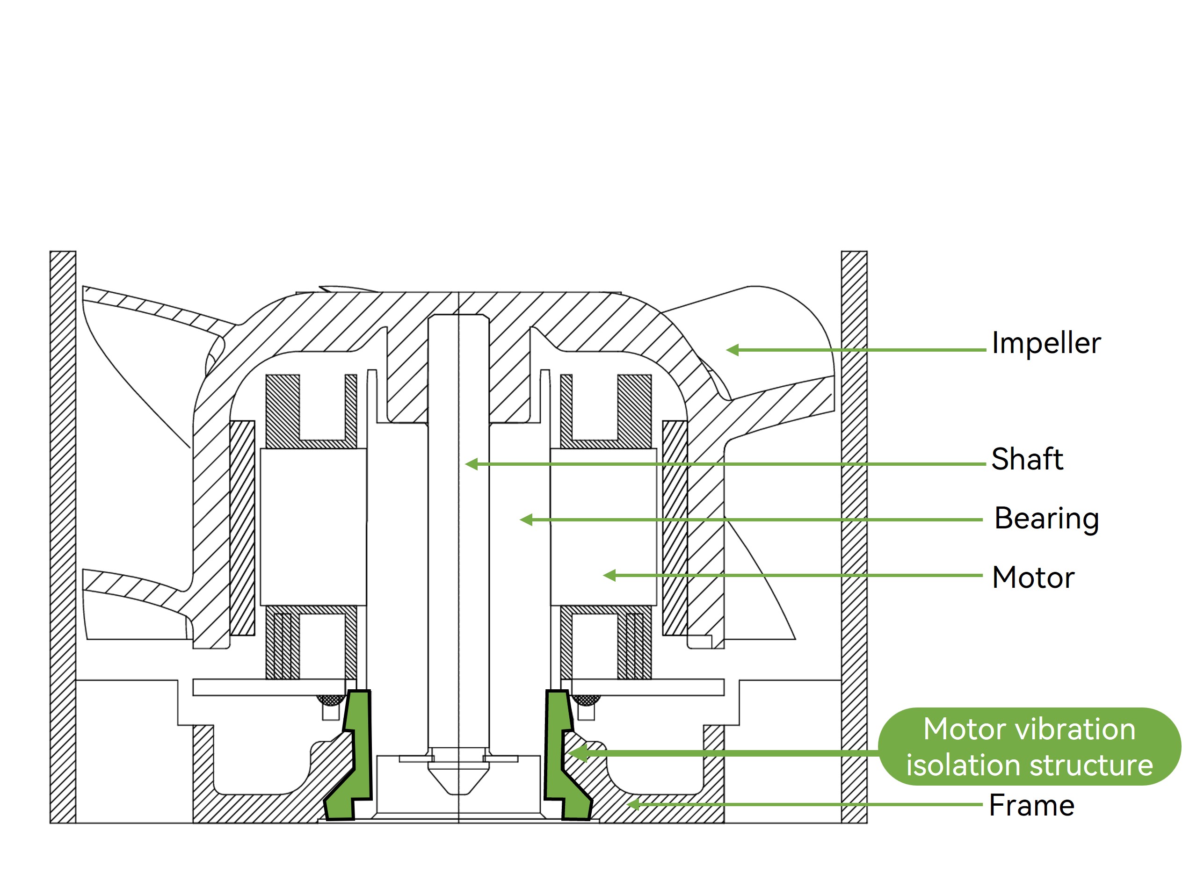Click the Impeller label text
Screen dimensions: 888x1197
click(1046, 344)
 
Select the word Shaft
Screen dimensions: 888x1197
click(1027, 459)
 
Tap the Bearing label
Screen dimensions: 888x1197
click(1046, 519)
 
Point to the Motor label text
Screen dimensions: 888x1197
click(1033, 578)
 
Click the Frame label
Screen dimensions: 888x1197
click(1031, 806)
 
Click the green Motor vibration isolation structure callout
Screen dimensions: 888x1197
click(1029, 747)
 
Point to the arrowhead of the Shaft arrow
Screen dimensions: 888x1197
click(471, 464)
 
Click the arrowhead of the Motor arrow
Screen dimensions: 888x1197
click(609, 576)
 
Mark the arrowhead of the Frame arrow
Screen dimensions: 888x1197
click(633, 805)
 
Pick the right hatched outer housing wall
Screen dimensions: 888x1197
click(854, 538)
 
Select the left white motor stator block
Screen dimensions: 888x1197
click(313, 527)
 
